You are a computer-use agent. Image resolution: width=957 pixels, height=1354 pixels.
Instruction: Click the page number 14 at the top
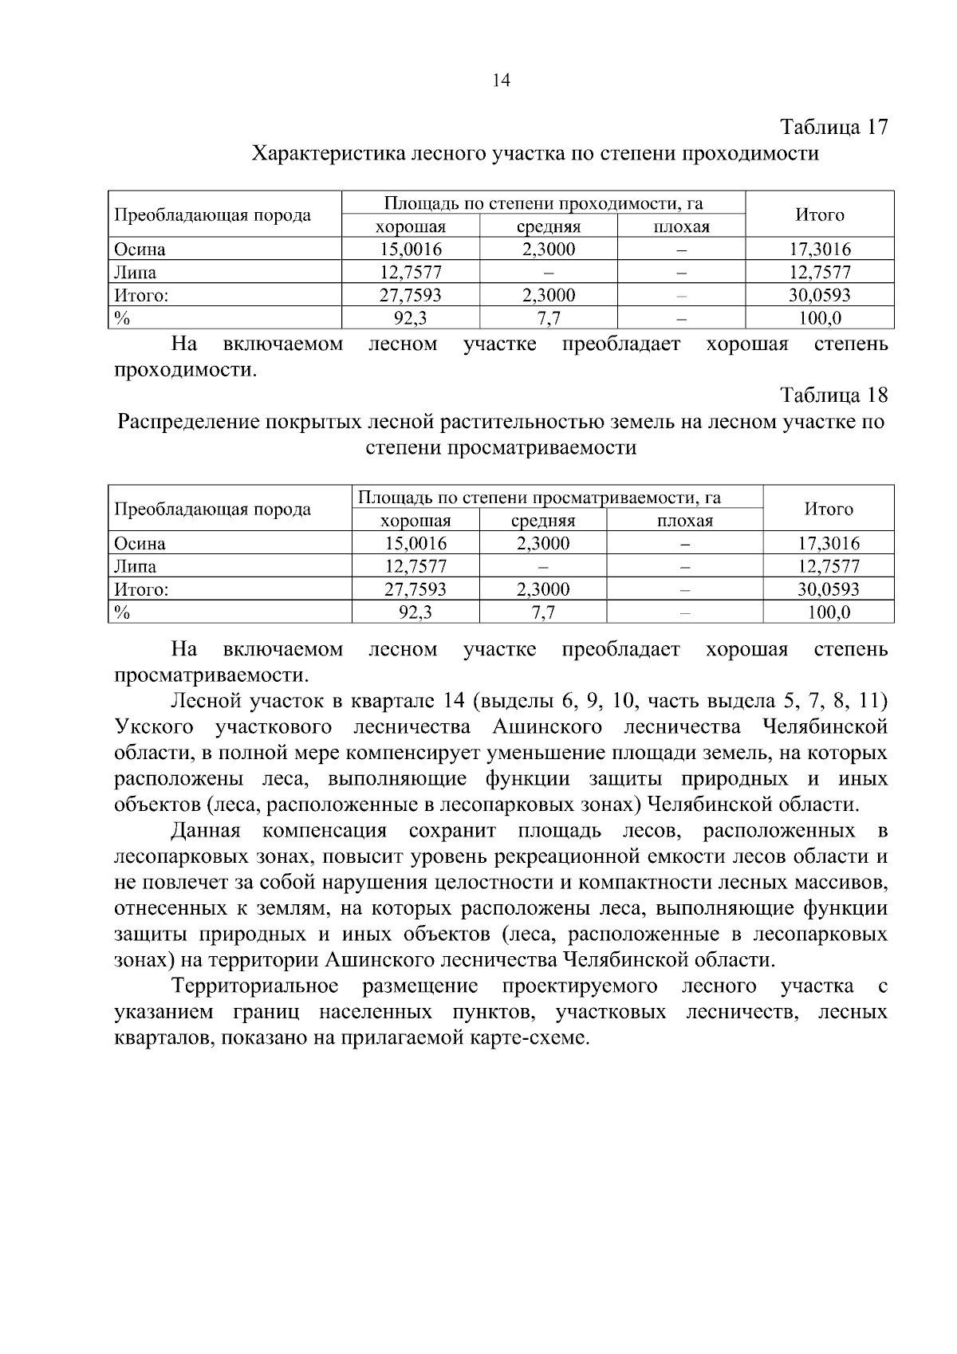(x=501, y=81)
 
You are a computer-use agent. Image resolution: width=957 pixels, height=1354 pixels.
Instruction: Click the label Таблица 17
(x=833, y=128)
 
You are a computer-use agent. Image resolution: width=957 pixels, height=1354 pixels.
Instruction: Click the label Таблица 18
(x=833, y=396)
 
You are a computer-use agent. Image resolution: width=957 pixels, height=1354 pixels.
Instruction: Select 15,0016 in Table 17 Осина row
(x=410, y=250)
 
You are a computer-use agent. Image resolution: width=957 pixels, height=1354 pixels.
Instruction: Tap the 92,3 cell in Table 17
(x=410, y=319)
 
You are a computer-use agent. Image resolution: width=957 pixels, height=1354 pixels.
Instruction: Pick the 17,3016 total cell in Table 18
(x=829, y=544)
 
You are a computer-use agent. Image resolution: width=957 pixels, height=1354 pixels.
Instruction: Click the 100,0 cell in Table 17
(x=820, y=319)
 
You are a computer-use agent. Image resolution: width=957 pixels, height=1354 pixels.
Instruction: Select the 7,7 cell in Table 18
(x=542, y=613)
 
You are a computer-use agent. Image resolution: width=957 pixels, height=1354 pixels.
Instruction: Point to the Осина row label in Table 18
(x=140, y=544)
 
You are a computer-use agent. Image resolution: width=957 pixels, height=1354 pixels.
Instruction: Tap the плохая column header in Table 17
(x=681, y=227)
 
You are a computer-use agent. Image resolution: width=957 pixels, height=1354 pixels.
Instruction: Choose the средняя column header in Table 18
(x=542, y=522)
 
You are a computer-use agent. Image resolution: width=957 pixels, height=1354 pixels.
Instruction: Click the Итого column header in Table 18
(x=829, y=510)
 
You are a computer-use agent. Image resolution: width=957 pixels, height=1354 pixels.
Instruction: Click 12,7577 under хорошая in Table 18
(x=415, y=567)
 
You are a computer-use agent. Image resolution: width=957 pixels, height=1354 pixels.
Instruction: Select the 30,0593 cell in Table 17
(x=820, y=296)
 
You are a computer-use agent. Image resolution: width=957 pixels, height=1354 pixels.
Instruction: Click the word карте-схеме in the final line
(x=534, y=1038)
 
